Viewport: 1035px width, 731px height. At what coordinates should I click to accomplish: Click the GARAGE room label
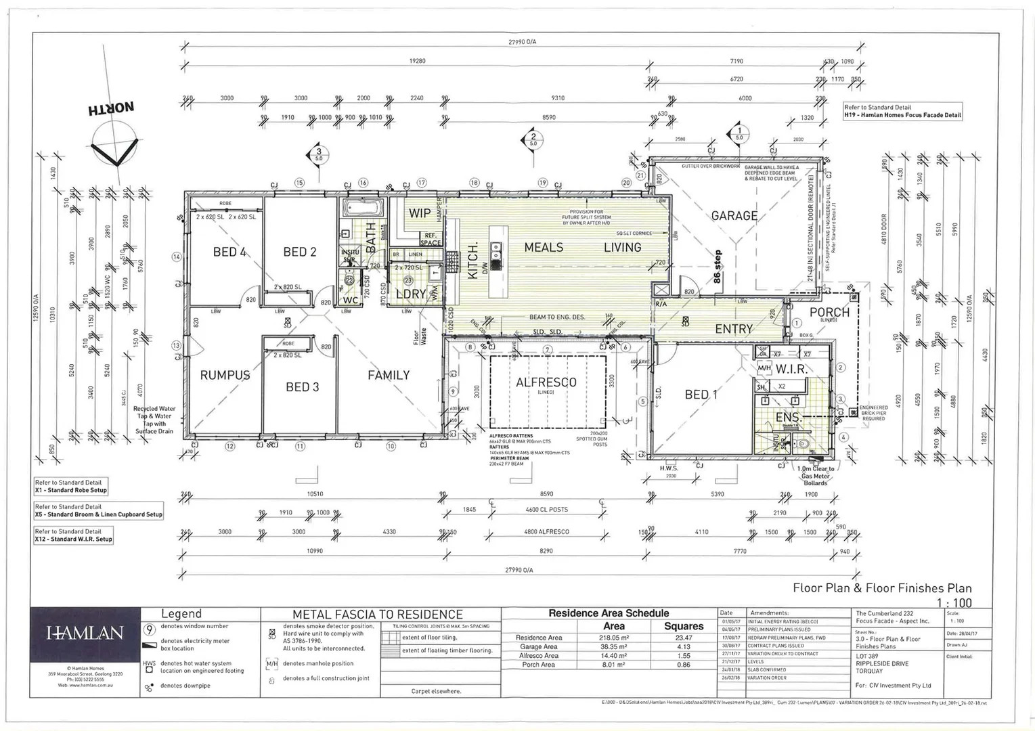tap(734, 216)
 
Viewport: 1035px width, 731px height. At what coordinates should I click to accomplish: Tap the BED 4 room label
tap(229, 252)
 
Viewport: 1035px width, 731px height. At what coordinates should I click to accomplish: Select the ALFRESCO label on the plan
tap(546, 382)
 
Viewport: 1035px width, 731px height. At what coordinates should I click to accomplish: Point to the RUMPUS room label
tap(225, 375)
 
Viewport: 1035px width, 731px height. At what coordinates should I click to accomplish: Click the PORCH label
tap(829, 312)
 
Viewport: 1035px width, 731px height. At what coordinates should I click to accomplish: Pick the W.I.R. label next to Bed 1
tap(791, 369)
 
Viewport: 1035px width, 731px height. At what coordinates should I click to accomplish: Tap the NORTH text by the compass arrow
tap(110, 108)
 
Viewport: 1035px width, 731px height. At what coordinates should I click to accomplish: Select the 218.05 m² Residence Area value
tap(613, 638)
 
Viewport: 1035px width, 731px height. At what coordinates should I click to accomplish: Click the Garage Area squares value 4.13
tap(684, 647)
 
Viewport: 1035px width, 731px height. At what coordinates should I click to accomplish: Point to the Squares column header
tap(684, 626)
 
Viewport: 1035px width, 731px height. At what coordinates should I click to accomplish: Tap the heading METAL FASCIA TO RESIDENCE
tap(378, 615)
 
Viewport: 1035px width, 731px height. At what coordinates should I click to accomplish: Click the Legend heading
tap(181, 614)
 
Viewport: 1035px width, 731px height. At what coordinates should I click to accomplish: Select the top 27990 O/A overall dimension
tap(522, 42)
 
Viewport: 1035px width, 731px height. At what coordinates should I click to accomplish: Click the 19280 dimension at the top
tap(417, 61)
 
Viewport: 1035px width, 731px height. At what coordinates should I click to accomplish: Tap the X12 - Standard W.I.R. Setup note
tap(74, 539)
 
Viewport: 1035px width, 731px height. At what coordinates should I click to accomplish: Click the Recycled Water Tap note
tap(154, 420)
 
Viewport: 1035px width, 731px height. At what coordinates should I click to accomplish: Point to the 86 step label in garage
tap(718, 267)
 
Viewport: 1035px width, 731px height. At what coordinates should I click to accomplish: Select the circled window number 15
tap(299, 183)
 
